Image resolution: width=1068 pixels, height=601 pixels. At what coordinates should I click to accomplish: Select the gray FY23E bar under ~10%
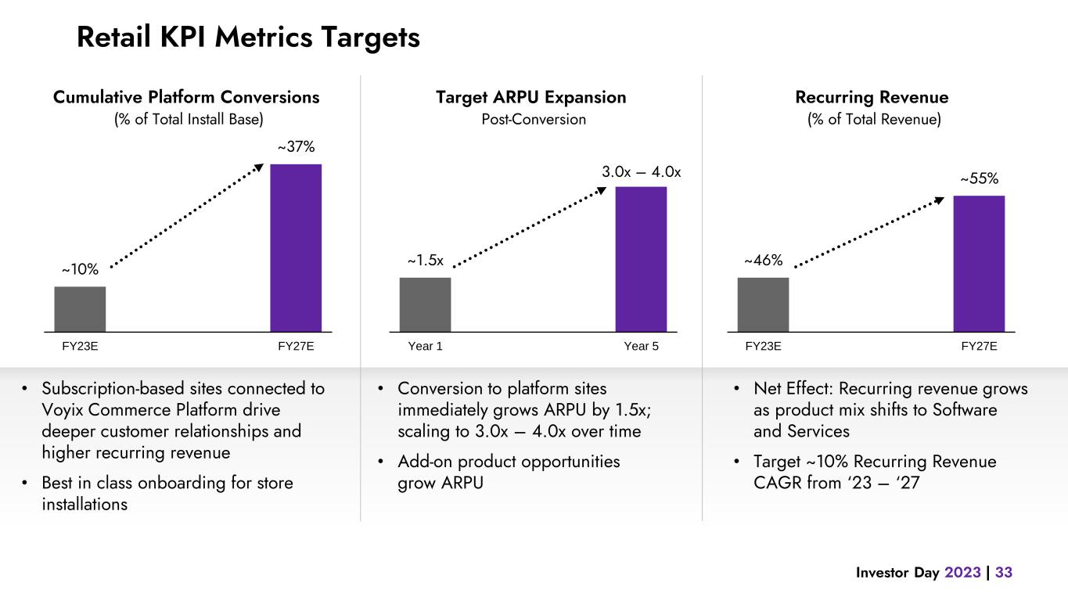(x=80, y=309)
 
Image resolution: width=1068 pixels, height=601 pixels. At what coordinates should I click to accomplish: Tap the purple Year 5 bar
(x=641, y=259)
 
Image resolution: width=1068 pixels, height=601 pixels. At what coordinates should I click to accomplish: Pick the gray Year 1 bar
(x=425, y=304)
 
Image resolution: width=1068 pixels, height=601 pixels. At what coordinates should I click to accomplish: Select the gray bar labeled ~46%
(x=763, y=304)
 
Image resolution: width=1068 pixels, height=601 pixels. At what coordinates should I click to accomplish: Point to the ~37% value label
(x=296, y=147)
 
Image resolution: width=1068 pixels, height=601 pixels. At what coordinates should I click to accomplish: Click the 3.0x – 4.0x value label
(x=642, y=171)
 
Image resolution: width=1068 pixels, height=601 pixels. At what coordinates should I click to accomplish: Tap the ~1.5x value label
(x=426, y=261)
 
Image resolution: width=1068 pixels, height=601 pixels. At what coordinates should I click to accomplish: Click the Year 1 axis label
(x=426, y=347)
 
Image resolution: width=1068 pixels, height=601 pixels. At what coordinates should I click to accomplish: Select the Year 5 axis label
(x=641, y=347)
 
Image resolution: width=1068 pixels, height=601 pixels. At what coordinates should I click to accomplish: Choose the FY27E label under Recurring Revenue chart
(x=979, y=347)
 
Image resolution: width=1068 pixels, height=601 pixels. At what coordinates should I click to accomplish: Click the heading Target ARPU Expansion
(x=531, y=98)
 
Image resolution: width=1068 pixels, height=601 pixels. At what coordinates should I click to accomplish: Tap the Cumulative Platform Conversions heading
(x=186, y=98)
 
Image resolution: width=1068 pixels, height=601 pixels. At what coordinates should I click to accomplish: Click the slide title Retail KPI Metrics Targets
(x=248, y=37)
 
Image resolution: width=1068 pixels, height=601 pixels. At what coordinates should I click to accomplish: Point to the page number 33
(x=1004, y=573)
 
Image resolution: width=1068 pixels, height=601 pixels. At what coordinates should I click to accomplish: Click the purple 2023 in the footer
(x=962, y=573)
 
